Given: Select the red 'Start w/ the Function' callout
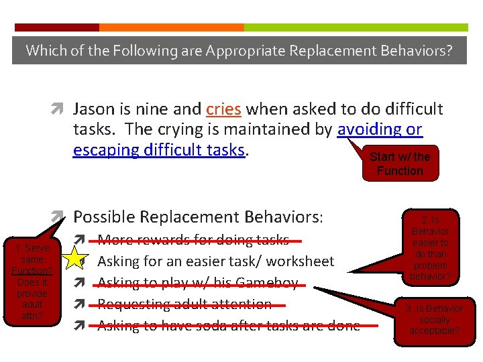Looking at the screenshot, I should click(x=399, y=164).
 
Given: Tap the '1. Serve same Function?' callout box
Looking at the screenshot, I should click(x=32, y=276).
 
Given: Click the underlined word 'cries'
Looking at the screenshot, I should click(x=223, y=109).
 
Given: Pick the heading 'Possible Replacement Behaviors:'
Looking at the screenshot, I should click(x=198, y=217).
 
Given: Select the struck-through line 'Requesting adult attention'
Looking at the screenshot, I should click(x=184, y=304).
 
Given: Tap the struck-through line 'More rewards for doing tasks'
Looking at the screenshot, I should click(x=193, y=240).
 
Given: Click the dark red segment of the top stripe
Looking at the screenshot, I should click(x=56, y=27).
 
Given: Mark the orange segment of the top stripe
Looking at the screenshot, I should click(x=171, y=27).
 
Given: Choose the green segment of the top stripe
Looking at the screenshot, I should click(x=356, y=27).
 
